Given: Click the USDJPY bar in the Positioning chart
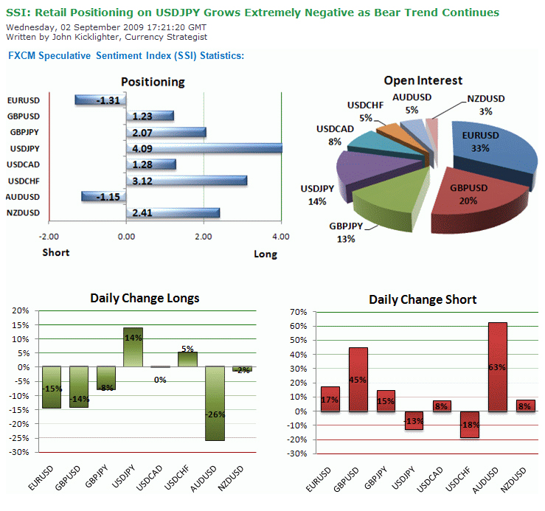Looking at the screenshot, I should click(204, 148).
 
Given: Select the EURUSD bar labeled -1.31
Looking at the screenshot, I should click(100, 100).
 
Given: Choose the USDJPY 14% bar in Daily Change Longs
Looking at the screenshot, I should click(133, 347).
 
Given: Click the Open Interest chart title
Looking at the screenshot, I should click(423, 80).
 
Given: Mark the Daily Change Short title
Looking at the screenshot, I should click(423, 299).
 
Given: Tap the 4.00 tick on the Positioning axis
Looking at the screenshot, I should click(280, 237).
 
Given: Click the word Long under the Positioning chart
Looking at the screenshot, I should click(265, 254).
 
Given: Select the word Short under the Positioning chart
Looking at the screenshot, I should click(55, 252).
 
